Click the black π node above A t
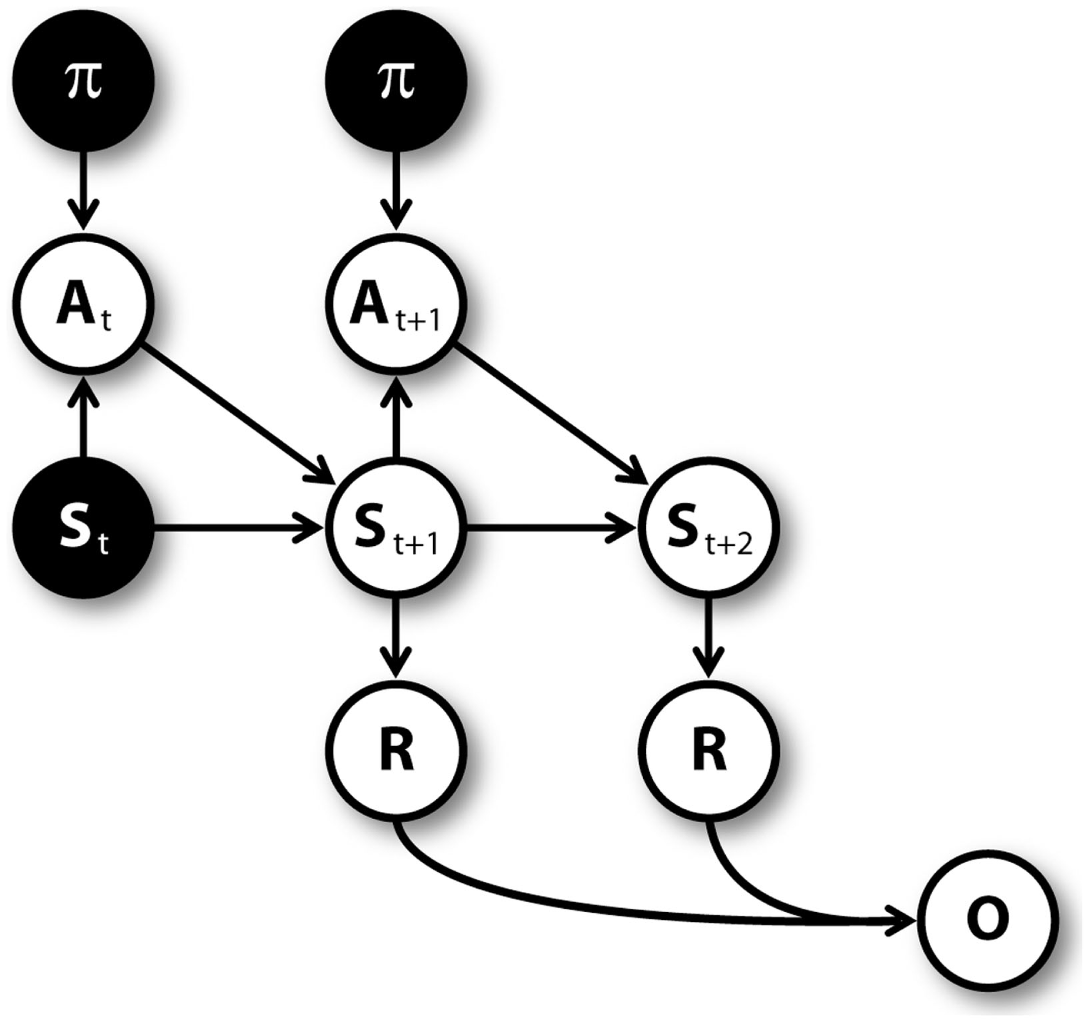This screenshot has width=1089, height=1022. [83, 81]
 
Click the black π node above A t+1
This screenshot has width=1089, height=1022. [396, 81]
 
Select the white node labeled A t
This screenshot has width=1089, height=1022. [83, 304]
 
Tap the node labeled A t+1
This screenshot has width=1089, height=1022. [396, 304]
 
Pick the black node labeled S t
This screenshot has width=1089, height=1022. [83, 528]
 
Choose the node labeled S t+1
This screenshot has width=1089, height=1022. [396, 528]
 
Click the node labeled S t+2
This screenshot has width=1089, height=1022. [709, 528]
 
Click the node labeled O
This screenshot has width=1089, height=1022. [988, 920]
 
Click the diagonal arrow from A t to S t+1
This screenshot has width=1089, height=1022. [236, 414]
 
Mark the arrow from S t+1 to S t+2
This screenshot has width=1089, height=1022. [550, 528]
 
